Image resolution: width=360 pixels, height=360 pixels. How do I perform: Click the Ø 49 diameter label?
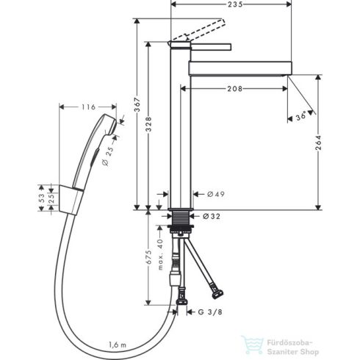tap(215, 194)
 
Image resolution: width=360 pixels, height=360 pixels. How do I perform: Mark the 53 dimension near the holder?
tap(42, 198)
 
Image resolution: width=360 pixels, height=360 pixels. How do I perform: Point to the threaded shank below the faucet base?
tap(181, 220)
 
